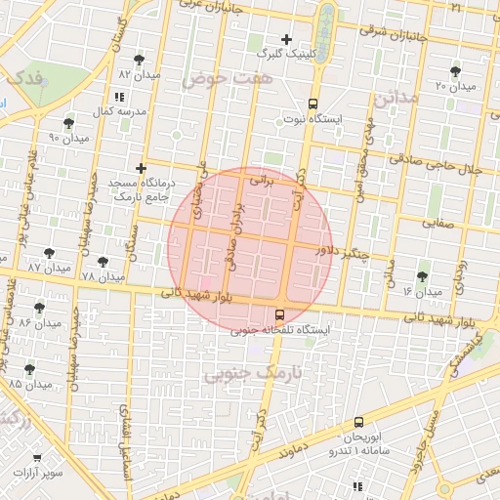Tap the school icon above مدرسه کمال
click(x=119, y=97)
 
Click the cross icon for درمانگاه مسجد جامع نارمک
click(x=142, y=169)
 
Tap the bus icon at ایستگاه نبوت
click(x=312, y=104)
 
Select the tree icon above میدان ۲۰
click(x=455, y=71)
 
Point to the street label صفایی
click(x=438, y=224)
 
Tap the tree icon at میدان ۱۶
click(x=422, y=277)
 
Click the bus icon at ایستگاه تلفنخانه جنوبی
click(x=280, y=314)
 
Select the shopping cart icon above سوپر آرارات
click(x=39, y=457)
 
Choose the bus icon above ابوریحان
click(x=359, y=422)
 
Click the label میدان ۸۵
click(x=30, y=384)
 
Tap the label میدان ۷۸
click(x=103, y=277)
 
